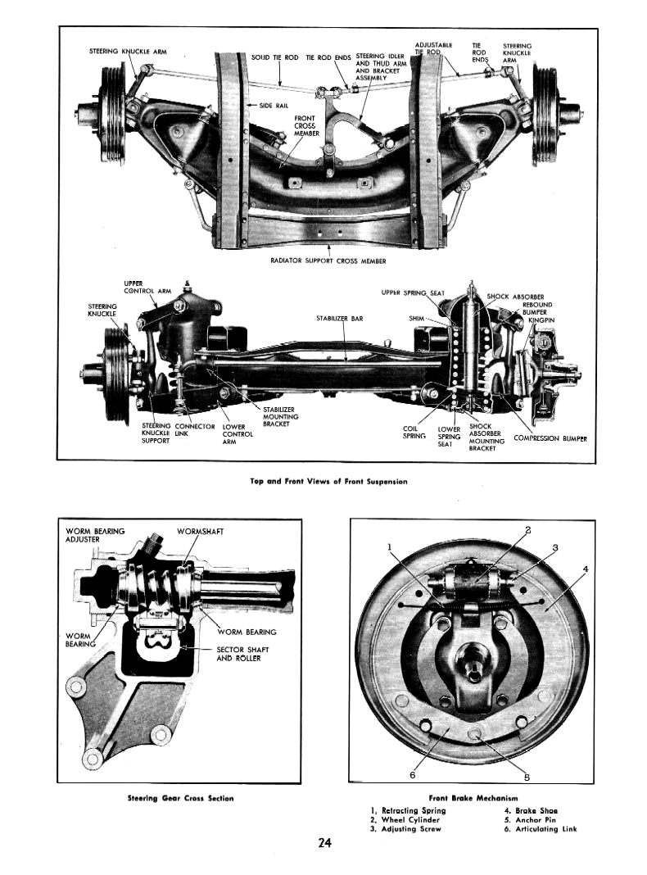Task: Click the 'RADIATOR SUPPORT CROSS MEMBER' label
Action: [328, 261]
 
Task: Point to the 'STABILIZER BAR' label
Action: [339, 318]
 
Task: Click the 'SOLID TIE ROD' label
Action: [274, 58]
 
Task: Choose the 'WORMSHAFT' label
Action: [200, 532]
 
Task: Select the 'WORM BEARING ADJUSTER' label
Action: [95, 536]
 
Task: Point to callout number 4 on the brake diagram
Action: [586, 569]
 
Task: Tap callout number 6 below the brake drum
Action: [412, 774]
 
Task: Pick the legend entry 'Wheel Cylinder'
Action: [405, 819]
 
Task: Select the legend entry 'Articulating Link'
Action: [541, 828]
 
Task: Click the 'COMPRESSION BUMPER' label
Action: [550, 438]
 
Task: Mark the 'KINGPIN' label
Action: [541, 320]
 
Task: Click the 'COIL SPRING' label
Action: [414, 432]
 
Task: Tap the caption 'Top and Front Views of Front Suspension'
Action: [328, 482]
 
